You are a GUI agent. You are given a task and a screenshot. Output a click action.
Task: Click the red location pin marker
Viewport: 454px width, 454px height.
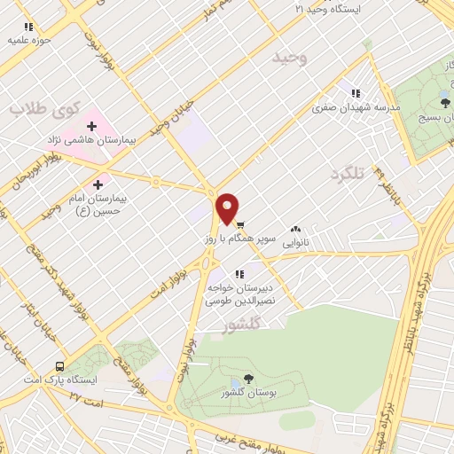point(228,207)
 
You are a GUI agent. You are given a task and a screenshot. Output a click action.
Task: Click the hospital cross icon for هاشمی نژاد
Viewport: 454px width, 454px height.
point(91,127)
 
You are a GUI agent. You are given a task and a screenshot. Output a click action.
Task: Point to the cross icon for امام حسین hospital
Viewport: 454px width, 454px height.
point(98,184)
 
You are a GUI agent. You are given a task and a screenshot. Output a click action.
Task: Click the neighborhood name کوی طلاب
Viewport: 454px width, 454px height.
point(45,108)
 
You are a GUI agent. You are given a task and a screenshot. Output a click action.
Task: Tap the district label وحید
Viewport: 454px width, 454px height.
point(289,59)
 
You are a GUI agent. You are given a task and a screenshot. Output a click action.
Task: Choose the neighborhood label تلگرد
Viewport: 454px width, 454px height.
point(347,173)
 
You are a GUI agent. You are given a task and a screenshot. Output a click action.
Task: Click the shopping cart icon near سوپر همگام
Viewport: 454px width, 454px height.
point(240,224)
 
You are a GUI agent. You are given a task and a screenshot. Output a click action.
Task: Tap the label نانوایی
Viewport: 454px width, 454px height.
point(294,240)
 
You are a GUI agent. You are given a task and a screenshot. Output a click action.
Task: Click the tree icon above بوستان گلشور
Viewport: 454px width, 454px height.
point(247,379)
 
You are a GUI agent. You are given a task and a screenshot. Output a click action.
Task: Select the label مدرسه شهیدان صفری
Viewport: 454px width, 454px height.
point(356,106)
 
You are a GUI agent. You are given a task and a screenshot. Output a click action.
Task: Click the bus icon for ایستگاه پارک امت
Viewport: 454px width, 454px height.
point(59,365)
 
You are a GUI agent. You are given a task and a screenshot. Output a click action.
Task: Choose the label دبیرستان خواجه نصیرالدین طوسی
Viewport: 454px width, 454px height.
point(240,295)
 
